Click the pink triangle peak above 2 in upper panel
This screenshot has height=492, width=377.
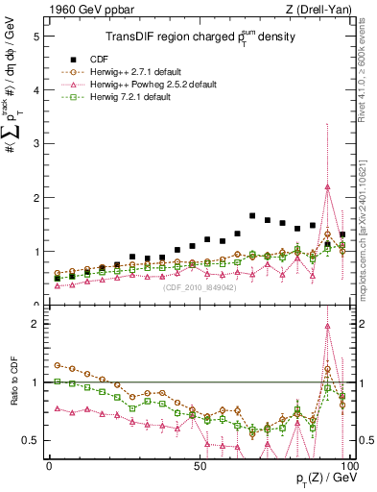coord(328,186)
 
